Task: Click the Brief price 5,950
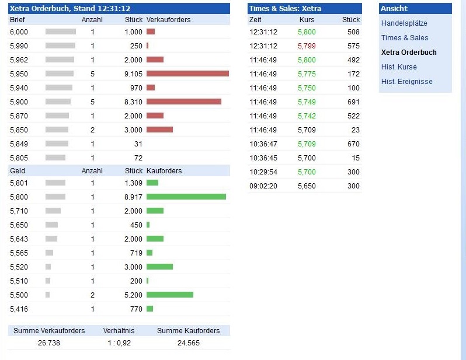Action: (19, 74)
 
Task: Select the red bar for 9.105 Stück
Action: (187, 74)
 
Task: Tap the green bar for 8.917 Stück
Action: (186, 197)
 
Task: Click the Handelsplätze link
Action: (404, 23)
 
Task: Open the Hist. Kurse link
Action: (399, 67)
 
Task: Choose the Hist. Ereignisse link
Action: (406, 82)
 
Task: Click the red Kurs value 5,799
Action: (307, 46)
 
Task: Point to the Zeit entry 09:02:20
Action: (263, 186)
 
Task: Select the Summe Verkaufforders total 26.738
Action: (49, 343)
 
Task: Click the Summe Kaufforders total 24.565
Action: (189, 343)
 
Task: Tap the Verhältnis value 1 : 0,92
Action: (119, 343)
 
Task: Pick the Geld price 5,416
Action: (19, 309)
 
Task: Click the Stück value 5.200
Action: (133, 295)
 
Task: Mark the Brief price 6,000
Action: (19, 32)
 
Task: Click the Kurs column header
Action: (307, 20)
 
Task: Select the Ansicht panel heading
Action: (394, 9)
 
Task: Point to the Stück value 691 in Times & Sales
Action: (353, 102)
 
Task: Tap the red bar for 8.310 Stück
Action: (183, 102)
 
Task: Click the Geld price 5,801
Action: (19, 183)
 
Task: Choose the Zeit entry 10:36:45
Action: (263, 158)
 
